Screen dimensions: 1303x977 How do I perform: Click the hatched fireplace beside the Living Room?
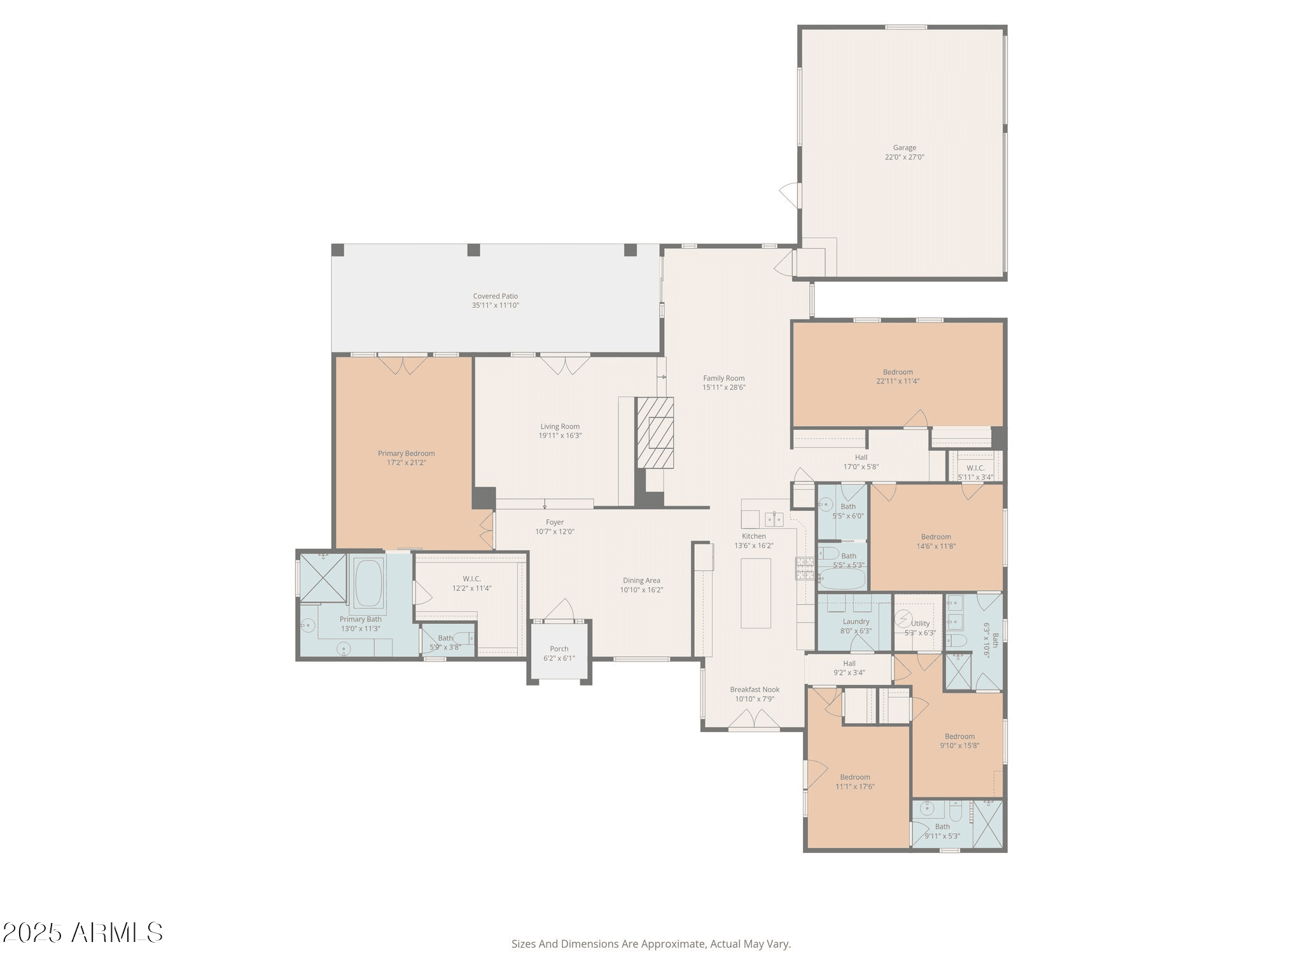(655, 433)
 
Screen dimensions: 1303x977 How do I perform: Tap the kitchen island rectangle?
(756, 593)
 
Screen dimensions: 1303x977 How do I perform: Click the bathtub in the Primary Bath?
(369, 583)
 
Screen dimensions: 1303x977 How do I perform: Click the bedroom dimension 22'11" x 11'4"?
(898, 381)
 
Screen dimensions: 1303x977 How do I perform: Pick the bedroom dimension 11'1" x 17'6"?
(855, 786)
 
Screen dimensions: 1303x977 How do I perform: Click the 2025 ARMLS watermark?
(83, 933)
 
